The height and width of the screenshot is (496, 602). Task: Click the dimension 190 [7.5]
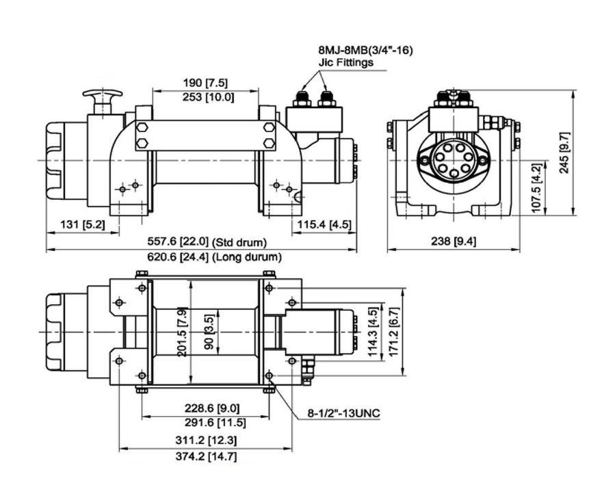coord(205,83)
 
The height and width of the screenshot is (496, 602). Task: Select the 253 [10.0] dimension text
coord(205,96)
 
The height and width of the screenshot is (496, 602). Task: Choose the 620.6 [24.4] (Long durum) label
coord(213,257)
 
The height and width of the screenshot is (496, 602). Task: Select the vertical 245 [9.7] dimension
coord(564,152)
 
